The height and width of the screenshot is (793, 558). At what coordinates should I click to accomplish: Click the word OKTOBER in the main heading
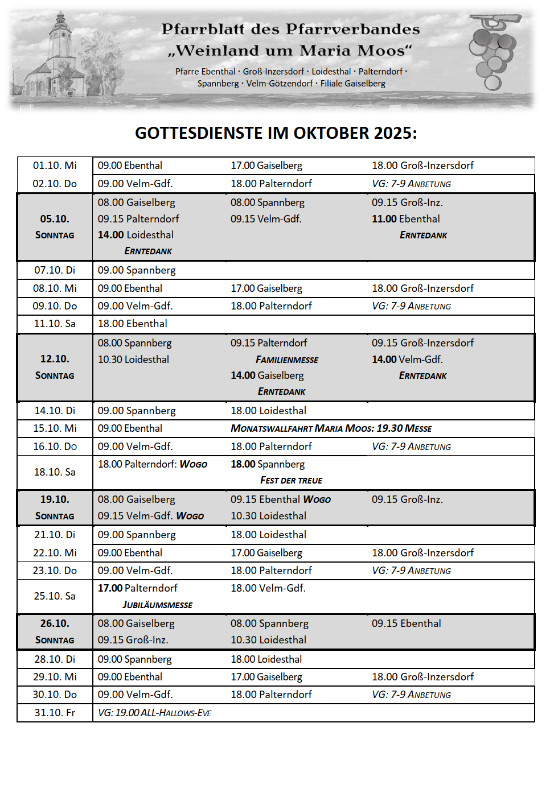pos(331,133)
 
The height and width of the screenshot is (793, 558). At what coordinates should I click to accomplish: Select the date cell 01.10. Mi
pos(55,166)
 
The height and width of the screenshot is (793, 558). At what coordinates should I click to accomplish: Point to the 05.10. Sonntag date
pos(55,226)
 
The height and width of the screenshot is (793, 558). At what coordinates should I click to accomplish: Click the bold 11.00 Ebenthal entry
pos(405,219)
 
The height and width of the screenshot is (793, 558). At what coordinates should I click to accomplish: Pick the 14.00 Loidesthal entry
pos(136,235)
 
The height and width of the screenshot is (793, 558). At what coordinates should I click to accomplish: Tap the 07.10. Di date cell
pos(55,270)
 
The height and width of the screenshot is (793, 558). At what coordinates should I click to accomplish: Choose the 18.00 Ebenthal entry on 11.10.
pos(132,324)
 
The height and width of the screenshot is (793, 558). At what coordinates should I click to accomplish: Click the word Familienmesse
pos(287,360)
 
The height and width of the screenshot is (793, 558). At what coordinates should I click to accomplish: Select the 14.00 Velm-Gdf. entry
pos(407,360)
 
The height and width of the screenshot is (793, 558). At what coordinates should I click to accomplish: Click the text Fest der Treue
pos(291,481)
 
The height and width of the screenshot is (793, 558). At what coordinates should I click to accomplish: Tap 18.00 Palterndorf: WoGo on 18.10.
pos(152,464)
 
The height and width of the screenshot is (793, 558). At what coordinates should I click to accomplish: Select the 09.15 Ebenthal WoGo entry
pos(280,499)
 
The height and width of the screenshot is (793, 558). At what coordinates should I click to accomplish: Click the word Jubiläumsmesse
pos(157,605)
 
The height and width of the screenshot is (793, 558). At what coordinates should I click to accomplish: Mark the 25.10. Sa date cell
pos(55,596)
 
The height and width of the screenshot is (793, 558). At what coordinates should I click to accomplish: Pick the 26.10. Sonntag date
pos(55,631)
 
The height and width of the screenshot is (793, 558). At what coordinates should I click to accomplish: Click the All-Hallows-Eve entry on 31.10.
pos(154,713)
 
